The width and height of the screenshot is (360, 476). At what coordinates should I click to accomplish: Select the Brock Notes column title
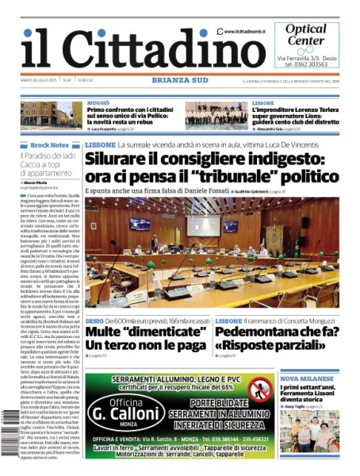49,145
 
